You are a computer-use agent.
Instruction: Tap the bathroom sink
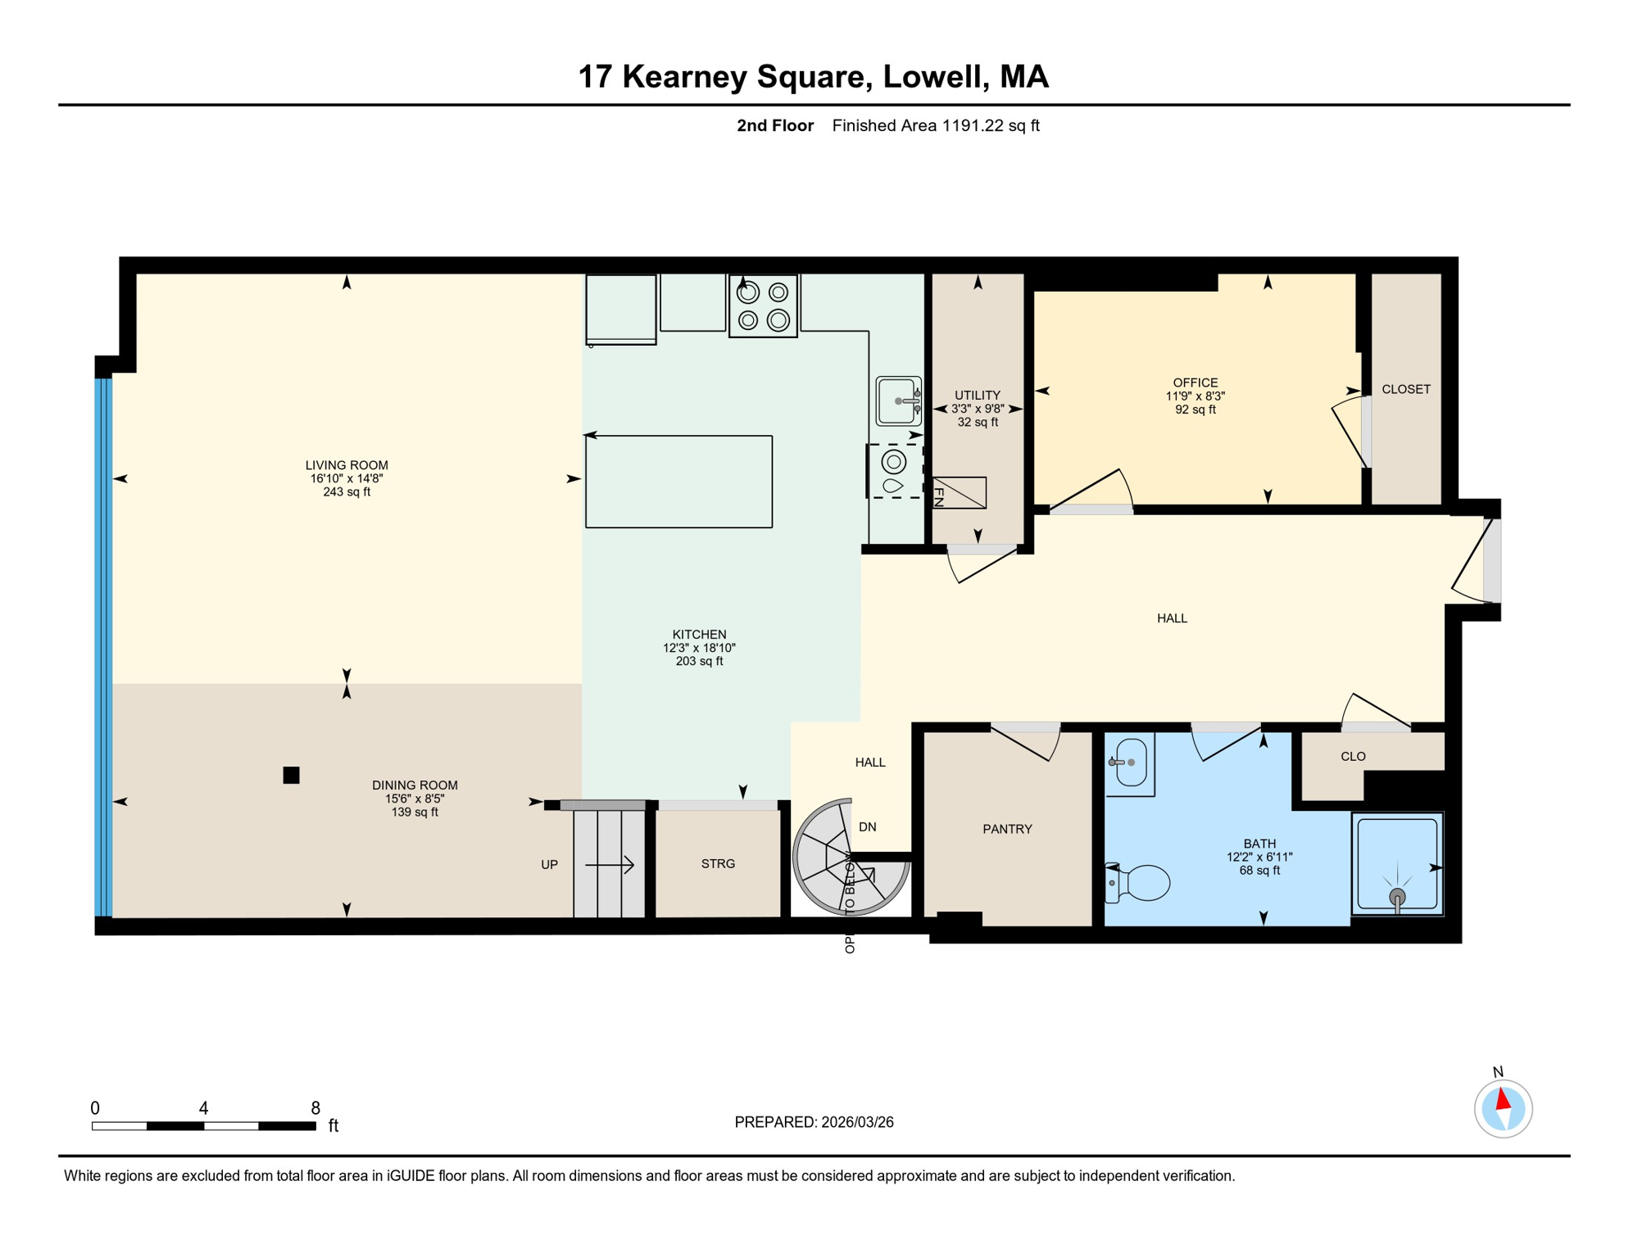[1130, 762]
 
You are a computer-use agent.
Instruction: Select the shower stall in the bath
[1397, 864]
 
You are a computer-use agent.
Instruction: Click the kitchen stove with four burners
[763, 305]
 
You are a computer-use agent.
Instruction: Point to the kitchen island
[678, 482]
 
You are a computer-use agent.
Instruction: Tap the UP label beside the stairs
[549, 864]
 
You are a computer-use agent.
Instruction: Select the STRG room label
[718, 863]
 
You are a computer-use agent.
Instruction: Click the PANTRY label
[1007, 829]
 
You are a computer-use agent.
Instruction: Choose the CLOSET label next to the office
[1406, 389]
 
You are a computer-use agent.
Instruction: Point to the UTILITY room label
[978, 395]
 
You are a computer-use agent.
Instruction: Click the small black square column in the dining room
[291, 775]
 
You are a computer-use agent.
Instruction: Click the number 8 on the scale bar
[315, 1108]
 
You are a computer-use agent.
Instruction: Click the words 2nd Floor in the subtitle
[775, 125]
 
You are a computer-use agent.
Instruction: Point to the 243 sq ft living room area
[347, 492]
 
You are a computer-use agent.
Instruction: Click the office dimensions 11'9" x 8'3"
[1196, 396]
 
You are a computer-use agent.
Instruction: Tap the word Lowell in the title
[932, 76]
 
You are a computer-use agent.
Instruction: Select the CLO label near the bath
[1353, 756]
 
